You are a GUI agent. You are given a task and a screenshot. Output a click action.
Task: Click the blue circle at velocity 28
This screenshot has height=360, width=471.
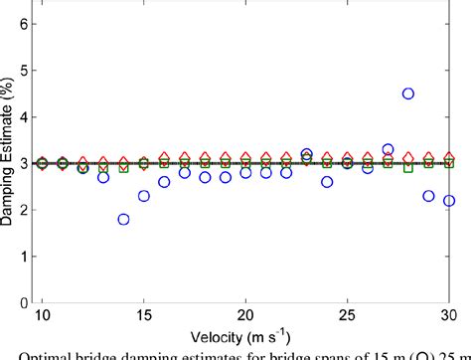click(x=408, y=93)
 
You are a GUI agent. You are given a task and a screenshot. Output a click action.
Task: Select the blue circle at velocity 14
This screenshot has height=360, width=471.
click(x=123, y=219)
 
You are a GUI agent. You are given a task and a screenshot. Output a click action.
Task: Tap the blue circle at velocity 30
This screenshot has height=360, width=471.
click(x=449, y=200)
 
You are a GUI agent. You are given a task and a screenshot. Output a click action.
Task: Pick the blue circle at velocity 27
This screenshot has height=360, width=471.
click(x=388, y=149)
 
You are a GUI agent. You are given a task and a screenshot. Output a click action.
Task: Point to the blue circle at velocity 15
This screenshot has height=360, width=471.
click(x=144, y=196)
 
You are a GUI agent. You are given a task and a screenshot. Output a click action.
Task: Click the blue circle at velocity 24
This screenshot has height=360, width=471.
click(x=327, y=182)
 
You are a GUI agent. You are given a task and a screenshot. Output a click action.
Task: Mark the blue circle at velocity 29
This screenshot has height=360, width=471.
click(x=428, y=196)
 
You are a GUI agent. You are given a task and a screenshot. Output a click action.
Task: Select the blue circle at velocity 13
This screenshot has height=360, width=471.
click(x=103, y=177)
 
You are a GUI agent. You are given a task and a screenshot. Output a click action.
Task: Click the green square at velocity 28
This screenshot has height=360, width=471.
click(x=408, y=168)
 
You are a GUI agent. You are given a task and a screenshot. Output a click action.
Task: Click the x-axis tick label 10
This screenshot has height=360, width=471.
click(x=42, y=314)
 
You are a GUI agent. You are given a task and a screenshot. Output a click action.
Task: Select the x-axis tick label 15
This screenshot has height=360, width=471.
click(x=144, y=314)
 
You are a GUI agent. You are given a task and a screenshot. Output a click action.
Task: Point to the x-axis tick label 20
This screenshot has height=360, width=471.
click(x=245, y=314)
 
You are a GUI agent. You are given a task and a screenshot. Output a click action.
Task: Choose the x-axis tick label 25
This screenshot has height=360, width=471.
click(x=347, y=314)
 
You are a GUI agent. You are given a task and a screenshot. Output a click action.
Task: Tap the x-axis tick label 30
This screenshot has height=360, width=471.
click(x=448, y=314)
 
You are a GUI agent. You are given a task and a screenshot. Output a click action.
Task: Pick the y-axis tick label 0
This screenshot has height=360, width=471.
click(x=23, y=301)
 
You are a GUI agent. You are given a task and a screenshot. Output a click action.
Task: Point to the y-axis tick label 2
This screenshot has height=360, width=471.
click(x=23, y=208)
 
